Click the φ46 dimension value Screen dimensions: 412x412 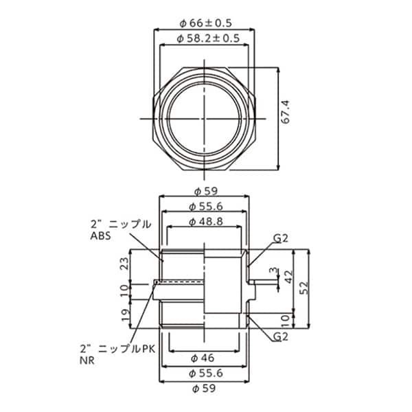click(x=204, y=358)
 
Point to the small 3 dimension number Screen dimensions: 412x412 click(x=272, y=271)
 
